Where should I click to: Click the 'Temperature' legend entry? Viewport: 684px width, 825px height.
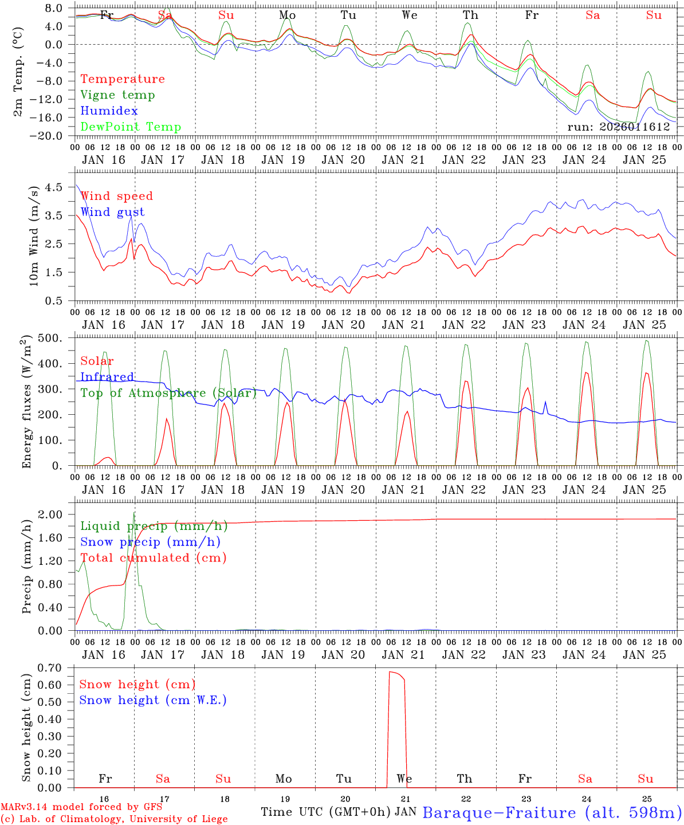[122, 79]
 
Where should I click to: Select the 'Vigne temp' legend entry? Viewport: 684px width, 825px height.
[117, 95]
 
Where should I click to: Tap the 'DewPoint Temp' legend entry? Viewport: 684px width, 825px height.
[131, 127]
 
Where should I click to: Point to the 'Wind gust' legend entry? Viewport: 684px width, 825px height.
[112, 212]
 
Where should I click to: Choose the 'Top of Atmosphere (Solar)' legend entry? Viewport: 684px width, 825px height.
[168, 393]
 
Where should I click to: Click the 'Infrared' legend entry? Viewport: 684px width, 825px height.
[107, 377]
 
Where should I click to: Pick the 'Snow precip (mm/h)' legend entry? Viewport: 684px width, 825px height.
[151, 542]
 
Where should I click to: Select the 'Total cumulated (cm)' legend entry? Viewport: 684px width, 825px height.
[154, 558]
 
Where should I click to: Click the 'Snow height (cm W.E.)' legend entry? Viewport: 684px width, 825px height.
[153, 700]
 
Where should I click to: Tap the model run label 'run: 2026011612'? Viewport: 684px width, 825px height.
[619, 127]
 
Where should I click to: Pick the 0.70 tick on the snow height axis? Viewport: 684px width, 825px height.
[49, 667]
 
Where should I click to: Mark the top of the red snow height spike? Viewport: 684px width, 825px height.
[391, 671]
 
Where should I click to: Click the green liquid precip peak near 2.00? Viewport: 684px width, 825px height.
[134, 513]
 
